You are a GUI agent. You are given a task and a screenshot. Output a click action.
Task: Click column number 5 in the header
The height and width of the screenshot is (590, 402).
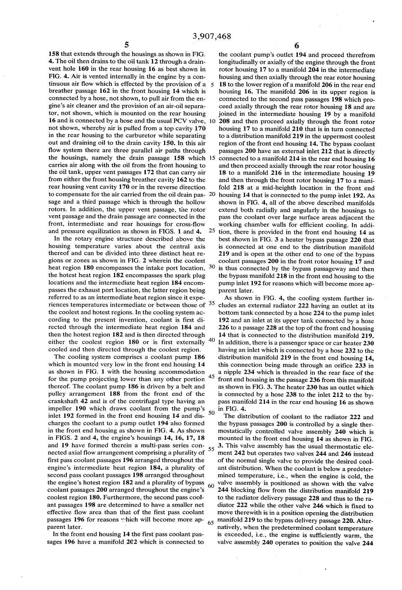coord(127,45)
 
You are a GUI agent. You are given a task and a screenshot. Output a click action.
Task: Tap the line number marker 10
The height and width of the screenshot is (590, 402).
coord(213,121)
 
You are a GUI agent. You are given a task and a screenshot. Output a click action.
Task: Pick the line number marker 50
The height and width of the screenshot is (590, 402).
coord(212,412)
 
